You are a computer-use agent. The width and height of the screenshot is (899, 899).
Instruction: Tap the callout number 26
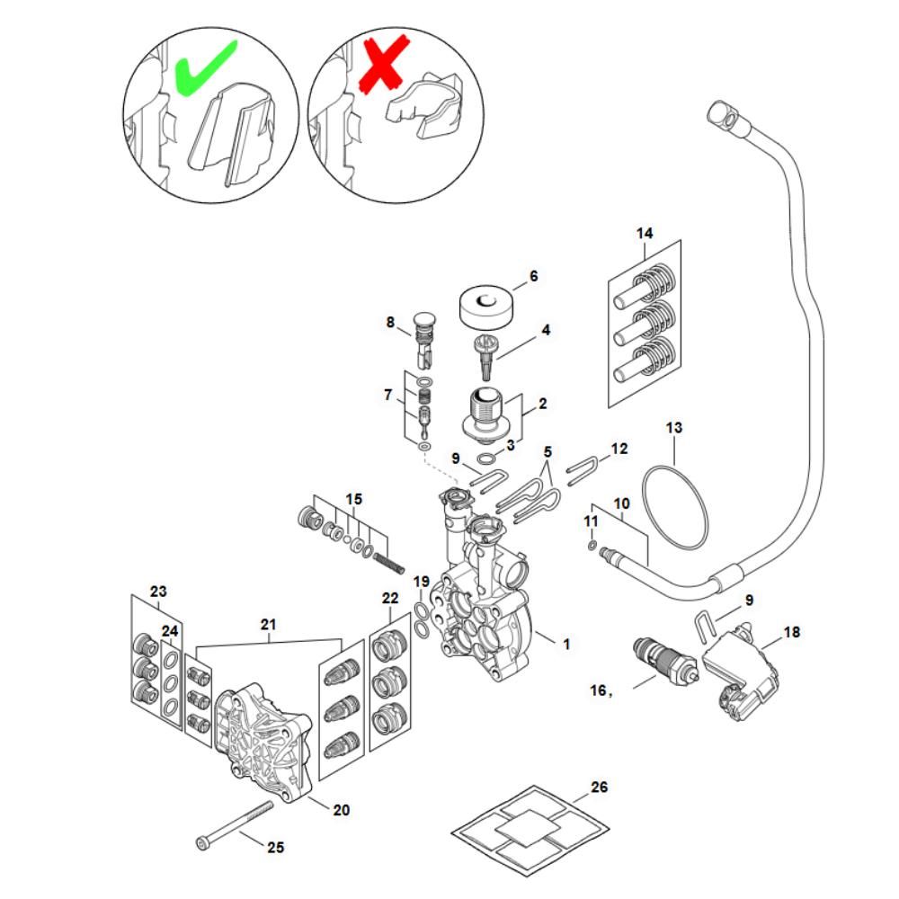[600, 788]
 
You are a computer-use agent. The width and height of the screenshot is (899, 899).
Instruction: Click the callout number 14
[644, 234]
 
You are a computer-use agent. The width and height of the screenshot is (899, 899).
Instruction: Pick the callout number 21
[269, 623]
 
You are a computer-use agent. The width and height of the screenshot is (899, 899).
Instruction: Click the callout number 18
[791, 632]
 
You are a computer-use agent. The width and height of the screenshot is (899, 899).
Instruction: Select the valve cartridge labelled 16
[665, 662]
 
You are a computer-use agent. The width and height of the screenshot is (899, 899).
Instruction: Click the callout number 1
[565, 644]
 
